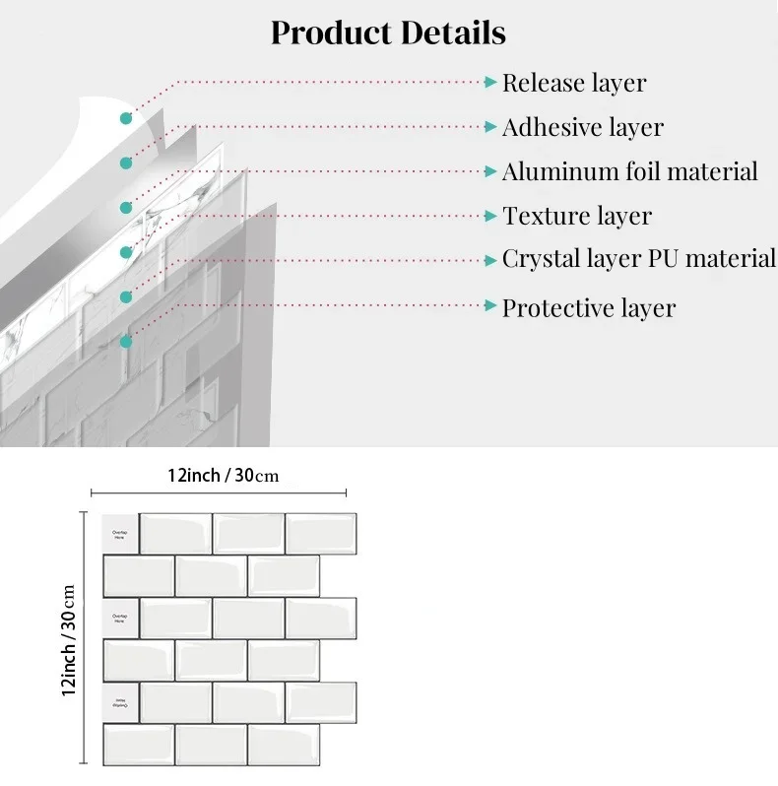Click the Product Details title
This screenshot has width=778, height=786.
point(388,33)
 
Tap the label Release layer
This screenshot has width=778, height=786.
point(574,83)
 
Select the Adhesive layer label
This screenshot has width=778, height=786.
point(582,127)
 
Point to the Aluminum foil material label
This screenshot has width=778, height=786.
point(630,171)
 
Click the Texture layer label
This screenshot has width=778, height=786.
point(577,216)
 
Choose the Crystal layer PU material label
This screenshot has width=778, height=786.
point(639,259)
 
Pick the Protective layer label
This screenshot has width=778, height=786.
point(589,307)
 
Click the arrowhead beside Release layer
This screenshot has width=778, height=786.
point(490,83)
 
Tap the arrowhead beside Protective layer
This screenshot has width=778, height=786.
point(490,306)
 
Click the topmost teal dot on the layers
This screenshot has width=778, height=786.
point(126,118)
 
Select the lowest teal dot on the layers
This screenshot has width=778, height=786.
point(126,342)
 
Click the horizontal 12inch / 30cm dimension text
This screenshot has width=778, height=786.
point(223,476)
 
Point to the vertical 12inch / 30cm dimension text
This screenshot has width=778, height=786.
point(70,640)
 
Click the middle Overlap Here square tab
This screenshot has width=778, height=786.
point(119,618)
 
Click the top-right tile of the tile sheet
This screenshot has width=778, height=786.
point(321,534)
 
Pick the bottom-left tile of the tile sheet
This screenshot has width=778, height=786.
point(138,745)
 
